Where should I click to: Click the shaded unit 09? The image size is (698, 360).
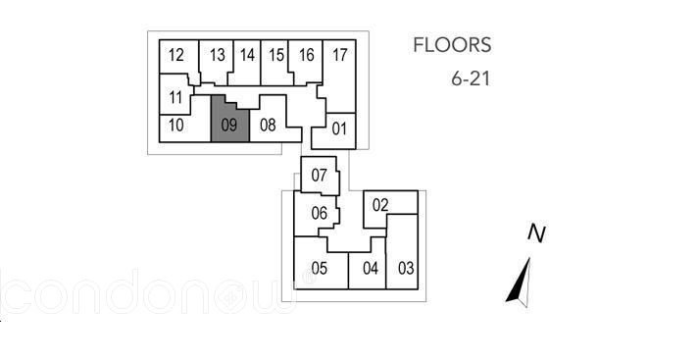(x=229, y=120)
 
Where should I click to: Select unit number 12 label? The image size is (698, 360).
(x=176, y=55)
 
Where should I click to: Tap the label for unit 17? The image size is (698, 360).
(x=339, y=55)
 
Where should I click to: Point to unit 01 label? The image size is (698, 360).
(x=339, y=129)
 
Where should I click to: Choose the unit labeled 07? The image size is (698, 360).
(x=320, y=176)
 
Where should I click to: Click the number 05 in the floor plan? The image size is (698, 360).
(x=320, y=269)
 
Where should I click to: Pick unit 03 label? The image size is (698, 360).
(x=406, y=269)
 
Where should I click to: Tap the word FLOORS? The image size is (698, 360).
(x=452, y=45)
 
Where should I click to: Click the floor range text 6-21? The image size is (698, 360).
(x=471, y=79)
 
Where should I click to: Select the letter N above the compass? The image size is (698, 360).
(x=537, y=233)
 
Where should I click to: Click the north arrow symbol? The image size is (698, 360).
(x=520, y=283)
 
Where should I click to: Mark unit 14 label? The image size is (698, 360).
(x=247, y=55)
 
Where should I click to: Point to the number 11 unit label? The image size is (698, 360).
(x=175, y=97)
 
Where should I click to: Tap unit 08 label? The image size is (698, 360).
(x=268, y=126)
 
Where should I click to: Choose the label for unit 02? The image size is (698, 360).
(x=380, y=205)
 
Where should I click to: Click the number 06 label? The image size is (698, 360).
(x=320, y=214)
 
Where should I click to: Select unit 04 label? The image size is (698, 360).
(x=371, y=269)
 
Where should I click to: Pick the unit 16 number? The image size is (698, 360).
(x=306, y=55)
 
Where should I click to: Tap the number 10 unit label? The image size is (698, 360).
(x=176, y=126)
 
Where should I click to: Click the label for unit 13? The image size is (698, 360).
(x=218, y=55)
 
